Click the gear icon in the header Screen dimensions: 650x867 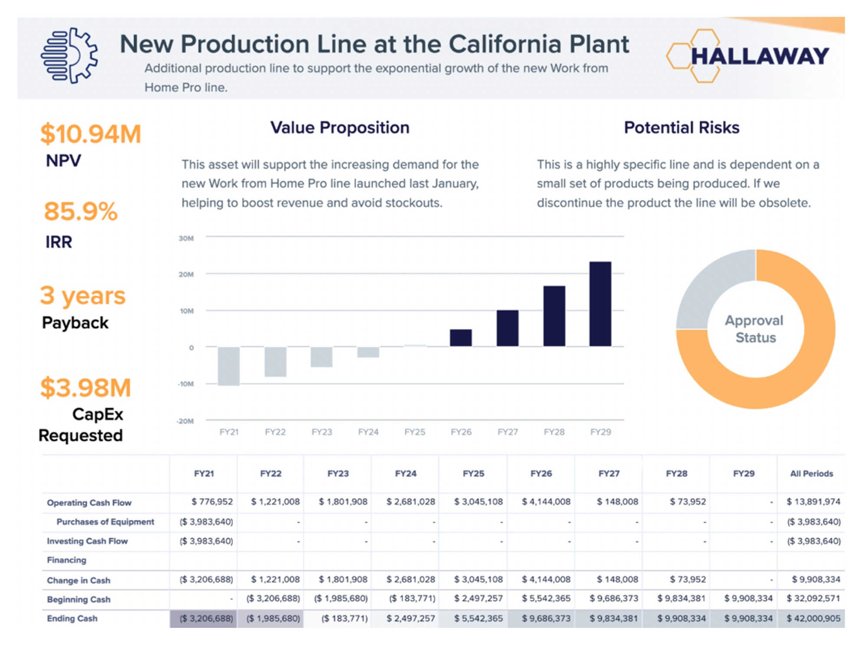coord(69,56)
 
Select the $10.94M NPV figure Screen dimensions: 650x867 coord(91,134)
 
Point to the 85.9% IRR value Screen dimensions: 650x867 coord(81,211)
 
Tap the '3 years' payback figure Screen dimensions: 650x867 coord(82,296)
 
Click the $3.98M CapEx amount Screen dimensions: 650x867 coord(85,388)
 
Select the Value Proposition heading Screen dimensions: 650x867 coord(340,128)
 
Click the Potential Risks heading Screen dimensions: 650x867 coord(681,128)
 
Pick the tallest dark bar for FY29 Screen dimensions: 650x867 coord(600,304)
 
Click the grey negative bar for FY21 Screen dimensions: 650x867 coord(229,366)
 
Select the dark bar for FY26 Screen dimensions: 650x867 coord(461,337)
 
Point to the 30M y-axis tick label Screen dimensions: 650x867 coord(186,238)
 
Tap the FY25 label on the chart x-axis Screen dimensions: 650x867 coord(415,432)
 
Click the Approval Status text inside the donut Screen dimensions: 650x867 coord(755,329)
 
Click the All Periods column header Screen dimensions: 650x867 coord(811,474)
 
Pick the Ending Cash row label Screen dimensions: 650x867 coord(72,618)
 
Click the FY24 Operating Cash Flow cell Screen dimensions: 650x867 coord(410,502)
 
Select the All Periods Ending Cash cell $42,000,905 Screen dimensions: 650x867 coord(813,618)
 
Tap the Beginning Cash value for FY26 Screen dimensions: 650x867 coord(546,598)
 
